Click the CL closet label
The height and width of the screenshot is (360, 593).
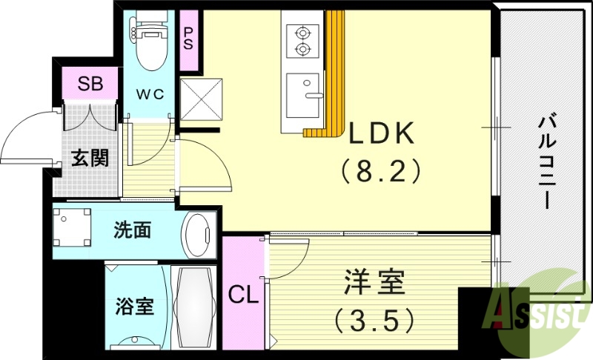point(244,296)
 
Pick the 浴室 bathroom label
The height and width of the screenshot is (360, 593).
point(135,306)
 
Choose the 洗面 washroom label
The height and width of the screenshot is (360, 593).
point(133,230)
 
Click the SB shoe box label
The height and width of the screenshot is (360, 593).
point(90,82)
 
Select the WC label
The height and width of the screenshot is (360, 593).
point(153,94)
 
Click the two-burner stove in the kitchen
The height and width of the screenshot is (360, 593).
point(302,41)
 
